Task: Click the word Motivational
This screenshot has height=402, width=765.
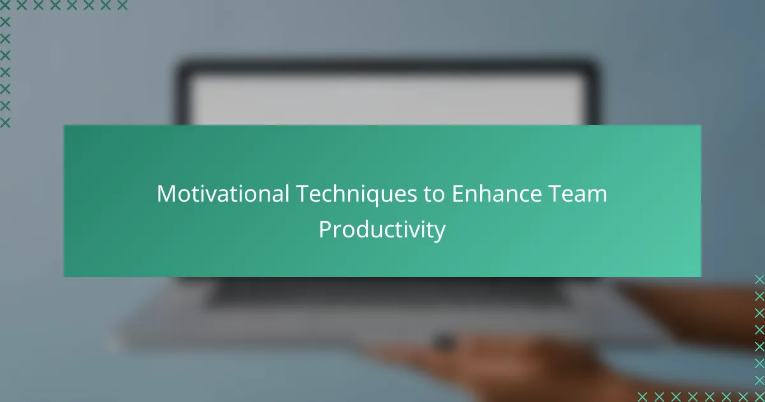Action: click(x=223, y=194)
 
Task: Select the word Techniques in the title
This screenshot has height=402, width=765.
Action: click(x=356, y=195)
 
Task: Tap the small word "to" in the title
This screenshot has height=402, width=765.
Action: click(x=434, y=195)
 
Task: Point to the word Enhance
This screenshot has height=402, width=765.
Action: click(x=497, y=194)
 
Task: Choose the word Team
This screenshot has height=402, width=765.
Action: click(x=578, y=194)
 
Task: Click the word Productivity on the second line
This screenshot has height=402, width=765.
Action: click(x=382, y=230)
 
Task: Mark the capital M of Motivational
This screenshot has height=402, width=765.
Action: click(x=166, y=194)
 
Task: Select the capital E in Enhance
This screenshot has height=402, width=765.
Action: click(x=458, y=194)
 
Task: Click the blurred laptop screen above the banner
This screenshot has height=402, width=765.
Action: click(x=387, y=100)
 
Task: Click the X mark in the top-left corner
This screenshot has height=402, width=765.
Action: click(x=5, y=6)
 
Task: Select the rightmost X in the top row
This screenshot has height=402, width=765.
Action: click(x=122, y=6)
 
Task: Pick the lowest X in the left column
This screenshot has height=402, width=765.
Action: click(x=5, y=123)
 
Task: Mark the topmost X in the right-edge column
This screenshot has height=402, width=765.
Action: click(x=759, y=279)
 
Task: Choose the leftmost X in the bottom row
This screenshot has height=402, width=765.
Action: click(x=642, y=397)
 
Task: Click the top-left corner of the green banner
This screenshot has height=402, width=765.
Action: click(x=64, y=126)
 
